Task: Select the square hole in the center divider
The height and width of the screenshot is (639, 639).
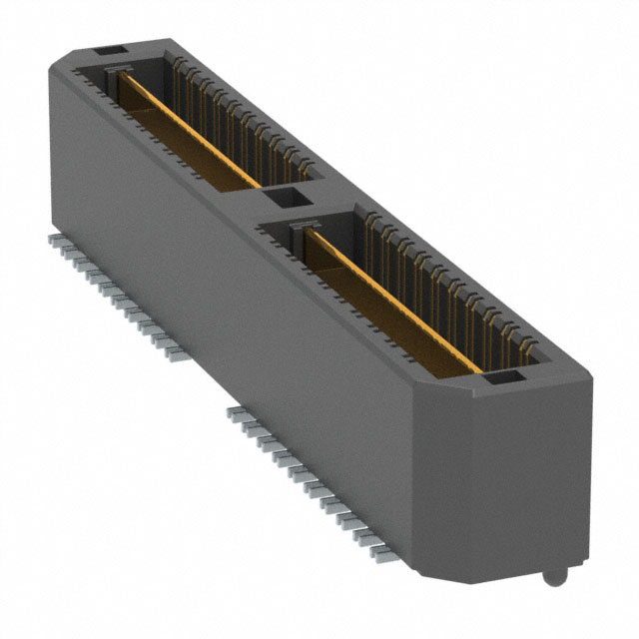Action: click(x=286, y=197)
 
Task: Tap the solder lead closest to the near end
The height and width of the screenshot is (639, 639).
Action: click(x=380, y=548)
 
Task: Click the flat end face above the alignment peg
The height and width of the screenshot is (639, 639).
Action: click(x=529, y=479)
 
